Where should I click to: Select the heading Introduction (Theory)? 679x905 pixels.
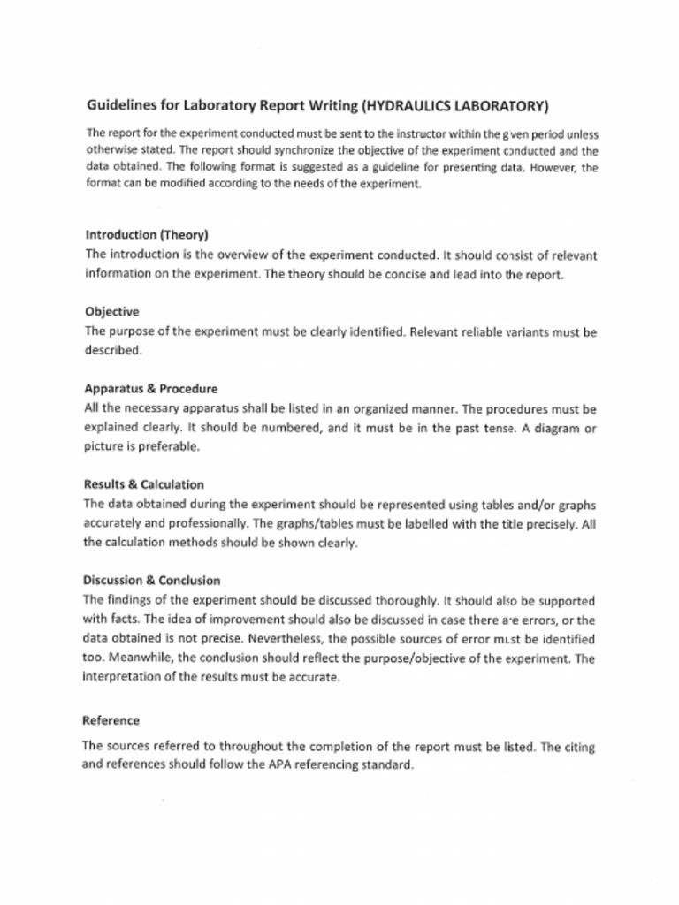click(147, 235)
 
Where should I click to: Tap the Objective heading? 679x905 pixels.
click(111, 312)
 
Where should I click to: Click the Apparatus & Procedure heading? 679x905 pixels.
click(150, 389)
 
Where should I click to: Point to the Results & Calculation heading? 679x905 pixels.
click(143, 484)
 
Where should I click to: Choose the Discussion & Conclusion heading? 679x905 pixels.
click(151, 581)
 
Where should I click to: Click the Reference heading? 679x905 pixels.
click(111, 720)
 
